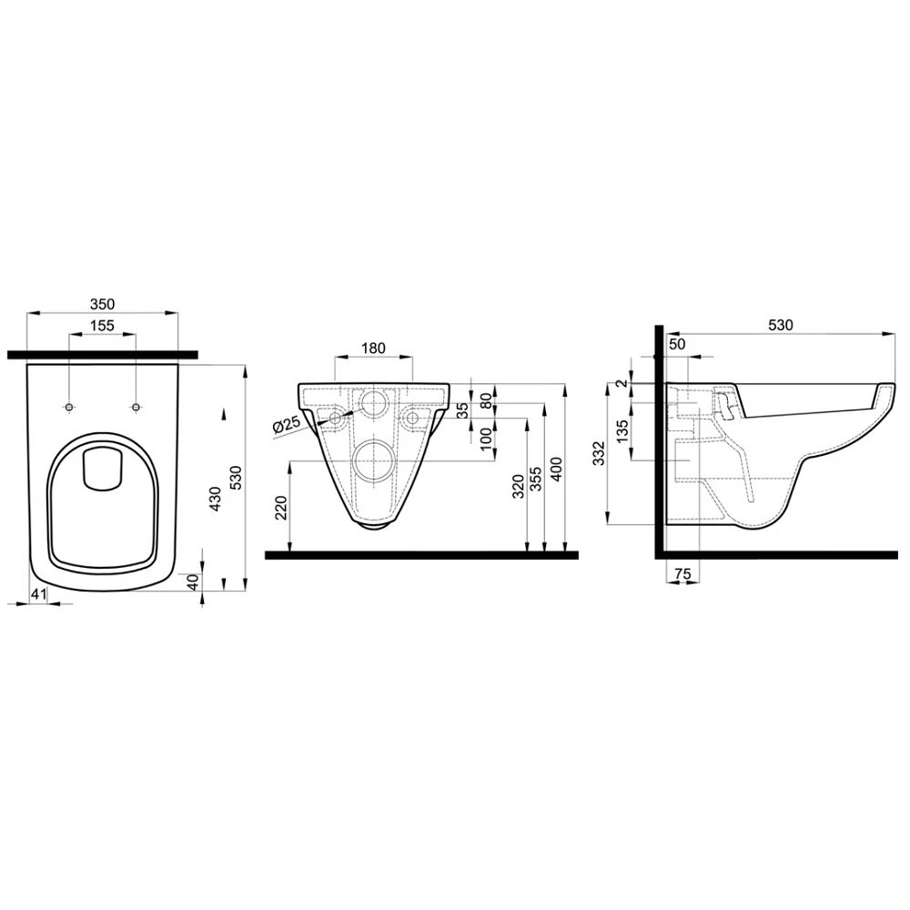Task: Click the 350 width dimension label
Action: click(103, 304)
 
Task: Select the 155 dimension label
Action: click(102, 326)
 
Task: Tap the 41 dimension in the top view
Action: click(38, 593)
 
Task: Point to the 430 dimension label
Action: click(215, 499)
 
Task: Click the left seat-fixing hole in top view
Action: click(69, 407)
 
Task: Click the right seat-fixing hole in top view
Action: click(136, 407)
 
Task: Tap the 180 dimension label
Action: click(373, 349)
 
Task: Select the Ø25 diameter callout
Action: click(287, 424)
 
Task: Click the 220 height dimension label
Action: click(281, 508)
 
